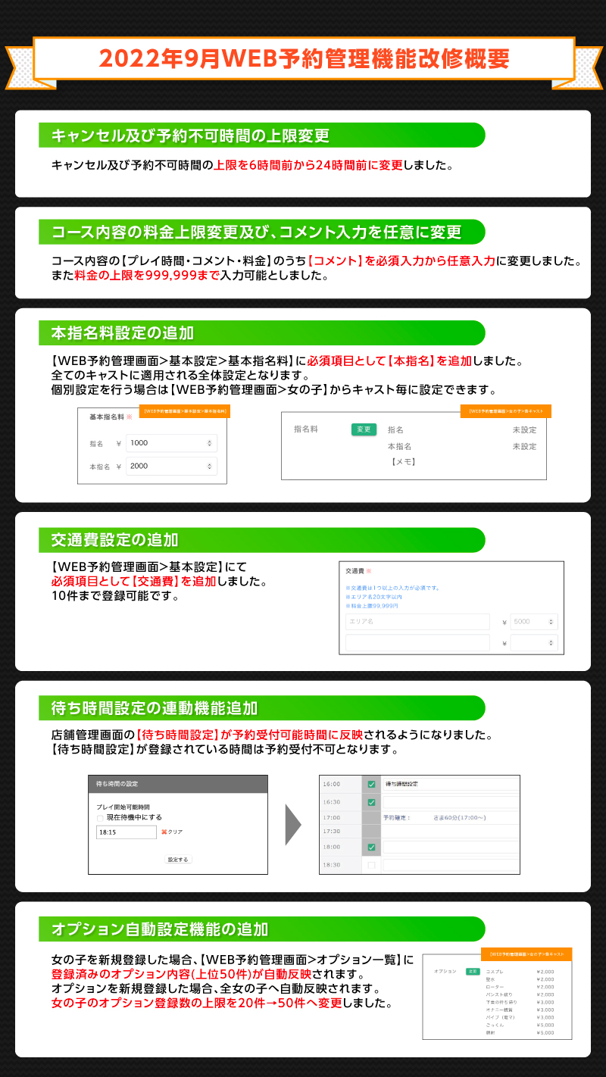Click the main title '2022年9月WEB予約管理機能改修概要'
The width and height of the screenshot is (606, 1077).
[x=303, y=59]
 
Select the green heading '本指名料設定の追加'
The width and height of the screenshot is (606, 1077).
[x=122, y=332]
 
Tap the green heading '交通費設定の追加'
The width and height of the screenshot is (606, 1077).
[x=114, y=540]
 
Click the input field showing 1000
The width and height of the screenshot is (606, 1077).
[x=171, y=443]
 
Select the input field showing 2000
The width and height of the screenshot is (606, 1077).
[x=171, y=466]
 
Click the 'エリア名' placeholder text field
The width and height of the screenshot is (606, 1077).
[x=417, y=622]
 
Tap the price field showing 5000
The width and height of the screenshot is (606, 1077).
[x=533, y=622]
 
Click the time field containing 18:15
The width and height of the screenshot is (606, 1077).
[x=126, y=832]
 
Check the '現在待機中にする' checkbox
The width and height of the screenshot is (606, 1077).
[x=99, y=818]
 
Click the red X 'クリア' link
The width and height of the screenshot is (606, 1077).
[x=171, y=832]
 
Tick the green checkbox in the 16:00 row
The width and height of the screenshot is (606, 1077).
[x=371, y=785]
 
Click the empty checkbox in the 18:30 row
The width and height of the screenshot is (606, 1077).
[x=371, y=865]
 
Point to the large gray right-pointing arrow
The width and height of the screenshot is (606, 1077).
[x=293, y=824]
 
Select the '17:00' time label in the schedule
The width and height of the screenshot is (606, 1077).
[x=332, y=818]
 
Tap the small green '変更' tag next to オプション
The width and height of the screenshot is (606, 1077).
[x=473, y=971]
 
